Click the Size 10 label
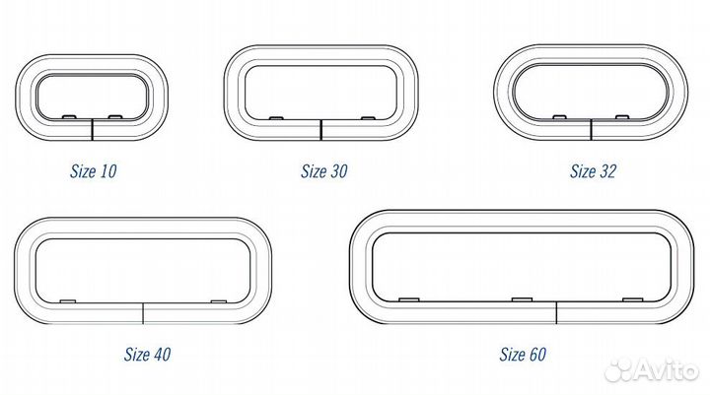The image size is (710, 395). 94,171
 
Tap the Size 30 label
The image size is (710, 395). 324,171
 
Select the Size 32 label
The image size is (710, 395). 594,171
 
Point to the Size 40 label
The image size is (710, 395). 148,355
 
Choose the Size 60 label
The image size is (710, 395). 523,355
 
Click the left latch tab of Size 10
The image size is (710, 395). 68,117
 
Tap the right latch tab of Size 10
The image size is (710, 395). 115,117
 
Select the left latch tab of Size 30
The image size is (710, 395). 276,118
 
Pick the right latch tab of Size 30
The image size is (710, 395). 368,118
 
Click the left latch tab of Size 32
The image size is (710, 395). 560,117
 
